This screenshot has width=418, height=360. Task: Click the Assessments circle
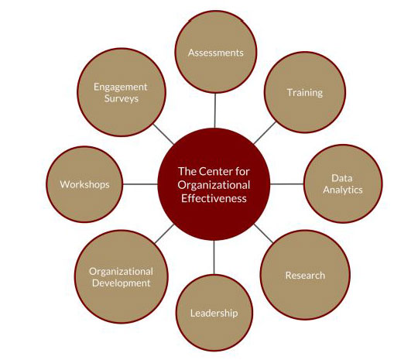(x=216, y=53)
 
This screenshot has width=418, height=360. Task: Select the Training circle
(x=305, y=92)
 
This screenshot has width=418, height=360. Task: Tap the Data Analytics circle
(x=343, y=183)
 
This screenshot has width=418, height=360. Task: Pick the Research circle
(x=305, y=275)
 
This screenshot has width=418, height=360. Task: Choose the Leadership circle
(x=214, y=313)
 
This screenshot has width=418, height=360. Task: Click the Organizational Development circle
(x=122, y=277)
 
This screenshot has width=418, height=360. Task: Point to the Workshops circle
(x=84, y=184)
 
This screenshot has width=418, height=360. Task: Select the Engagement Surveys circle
(x=122, y=92)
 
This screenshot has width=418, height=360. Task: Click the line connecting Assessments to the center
(x=215, y=111)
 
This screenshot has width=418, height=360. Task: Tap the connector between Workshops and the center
(x=140, y=184)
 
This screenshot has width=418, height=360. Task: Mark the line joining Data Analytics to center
(x=287, y=183)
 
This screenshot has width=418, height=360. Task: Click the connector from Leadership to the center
(x=214, y=257)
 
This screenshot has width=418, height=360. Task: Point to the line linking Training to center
(x=265, y=133)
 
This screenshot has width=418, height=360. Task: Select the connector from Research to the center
(x=264, y=234)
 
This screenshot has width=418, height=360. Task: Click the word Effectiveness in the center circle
(x=214, y=198)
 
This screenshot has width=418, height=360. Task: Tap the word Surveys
(x=122, y=98)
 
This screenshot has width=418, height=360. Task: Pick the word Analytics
(x=343, y=190)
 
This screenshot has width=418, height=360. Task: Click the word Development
(x=122, y=283)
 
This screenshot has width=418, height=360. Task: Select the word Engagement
(x=121, y=87)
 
